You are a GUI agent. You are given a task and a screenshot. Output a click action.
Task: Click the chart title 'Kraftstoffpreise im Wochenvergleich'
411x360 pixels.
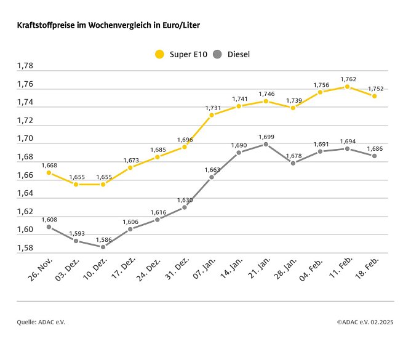click(x=108, y=26)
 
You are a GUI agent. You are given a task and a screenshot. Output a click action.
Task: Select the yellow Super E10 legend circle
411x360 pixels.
click(x=159, y=54)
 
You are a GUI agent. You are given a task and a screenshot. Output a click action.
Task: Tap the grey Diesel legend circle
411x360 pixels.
click(x=217, y=54)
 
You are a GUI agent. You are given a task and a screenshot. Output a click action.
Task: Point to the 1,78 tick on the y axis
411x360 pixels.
click(x=25, y=66)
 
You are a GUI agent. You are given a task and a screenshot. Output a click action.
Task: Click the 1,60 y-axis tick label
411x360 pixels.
click(x=25, y=230)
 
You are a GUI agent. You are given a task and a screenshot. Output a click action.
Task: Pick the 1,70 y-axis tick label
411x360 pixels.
click(x=25, y=138)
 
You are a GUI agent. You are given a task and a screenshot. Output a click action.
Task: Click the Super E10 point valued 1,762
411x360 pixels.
click(x=347, y=87)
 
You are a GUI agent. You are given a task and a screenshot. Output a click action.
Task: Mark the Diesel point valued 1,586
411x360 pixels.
click(x=103, y=247)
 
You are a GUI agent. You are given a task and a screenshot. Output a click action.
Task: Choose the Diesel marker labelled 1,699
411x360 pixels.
click(x=266, y=144)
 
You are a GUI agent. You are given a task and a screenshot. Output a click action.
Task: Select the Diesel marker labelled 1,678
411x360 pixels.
click(x=293, y=163)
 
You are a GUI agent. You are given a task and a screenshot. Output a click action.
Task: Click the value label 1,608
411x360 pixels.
click(x=49, y=219)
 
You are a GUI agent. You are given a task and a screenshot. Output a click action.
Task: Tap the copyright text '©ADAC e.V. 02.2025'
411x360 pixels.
click(x=365, y=321)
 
